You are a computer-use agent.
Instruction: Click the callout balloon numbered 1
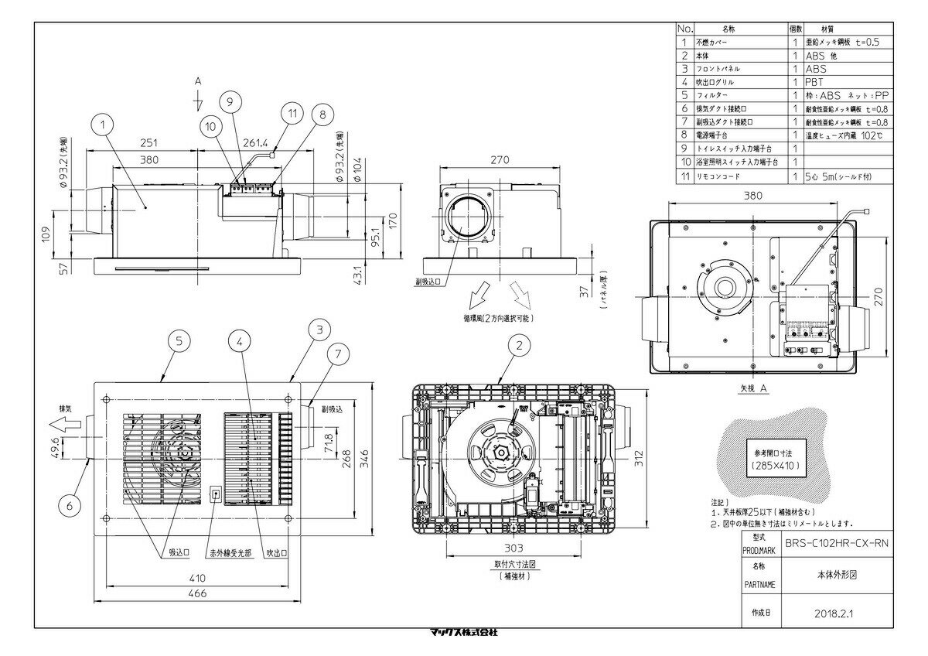click(105, 121)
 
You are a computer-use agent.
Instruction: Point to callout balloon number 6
click(70, 505)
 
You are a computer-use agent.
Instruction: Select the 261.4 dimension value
click(254, 144)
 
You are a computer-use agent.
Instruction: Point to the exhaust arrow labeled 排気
click(59, 423)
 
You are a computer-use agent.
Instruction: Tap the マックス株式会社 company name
click(463, 632)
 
